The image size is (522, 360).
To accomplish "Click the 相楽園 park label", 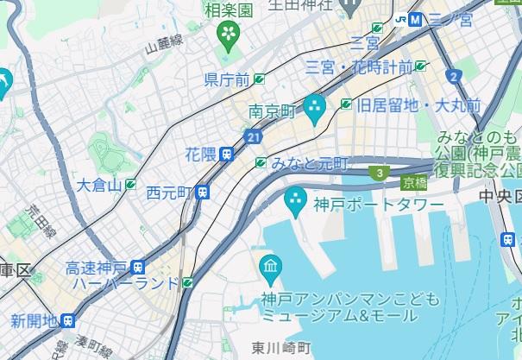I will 228,10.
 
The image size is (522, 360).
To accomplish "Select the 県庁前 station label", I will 227,79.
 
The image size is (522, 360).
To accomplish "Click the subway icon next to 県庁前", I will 259,79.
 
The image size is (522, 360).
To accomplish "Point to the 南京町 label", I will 272,111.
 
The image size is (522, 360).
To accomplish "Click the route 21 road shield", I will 252,136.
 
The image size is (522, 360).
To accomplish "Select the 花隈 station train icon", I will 226,154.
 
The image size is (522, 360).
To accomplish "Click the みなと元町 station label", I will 310,163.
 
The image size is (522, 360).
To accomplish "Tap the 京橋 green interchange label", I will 413,182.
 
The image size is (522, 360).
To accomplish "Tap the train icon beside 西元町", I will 203,192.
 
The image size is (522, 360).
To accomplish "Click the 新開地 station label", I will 34,321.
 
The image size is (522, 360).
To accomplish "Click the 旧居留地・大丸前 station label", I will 418,104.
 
